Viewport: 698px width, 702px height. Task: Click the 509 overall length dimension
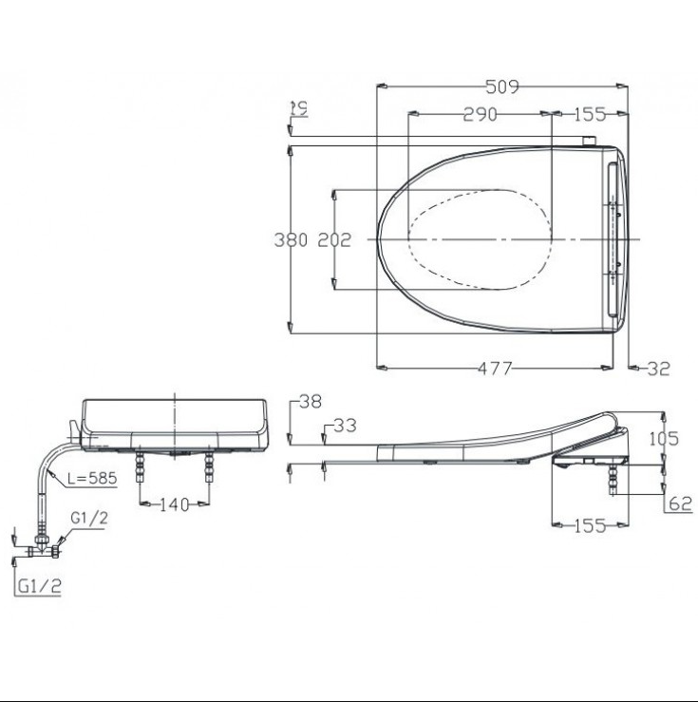point(501,87)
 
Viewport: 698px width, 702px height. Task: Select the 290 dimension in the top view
point(482,114)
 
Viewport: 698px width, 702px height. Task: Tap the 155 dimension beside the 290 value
point(590,114)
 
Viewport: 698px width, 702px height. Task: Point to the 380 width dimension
point(291,240)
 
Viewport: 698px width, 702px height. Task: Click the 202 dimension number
point(333,240)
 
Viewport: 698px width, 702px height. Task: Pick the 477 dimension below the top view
point(493,369)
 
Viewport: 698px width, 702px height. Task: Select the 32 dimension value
point(658,369)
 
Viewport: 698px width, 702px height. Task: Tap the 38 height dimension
point(310,402)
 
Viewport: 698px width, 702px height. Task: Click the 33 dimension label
point(345,427)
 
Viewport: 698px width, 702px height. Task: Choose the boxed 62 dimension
point(680,504)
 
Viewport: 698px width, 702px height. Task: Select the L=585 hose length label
point(92,479)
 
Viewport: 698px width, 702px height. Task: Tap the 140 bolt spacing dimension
point(175,503)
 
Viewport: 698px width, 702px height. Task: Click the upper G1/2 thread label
point(89,519)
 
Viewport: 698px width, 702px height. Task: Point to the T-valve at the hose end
point(42,550)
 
